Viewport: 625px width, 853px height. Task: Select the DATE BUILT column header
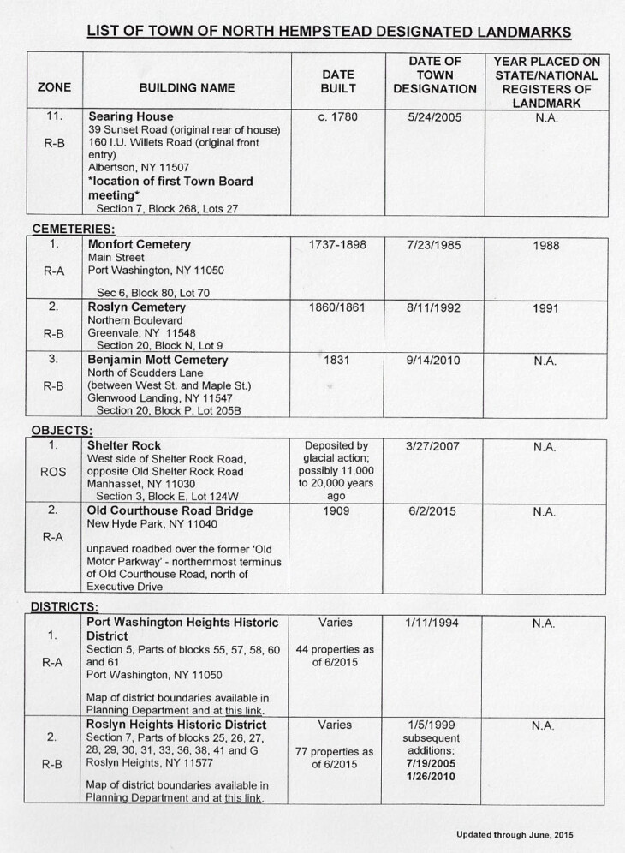coord(337,81)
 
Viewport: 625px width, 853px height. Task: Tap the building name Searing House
coord(130,116)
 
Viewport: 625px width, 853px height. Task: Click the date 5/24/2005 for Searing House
coord(437,116)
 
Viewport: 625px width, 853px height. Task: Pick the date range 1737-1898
coord(337,245)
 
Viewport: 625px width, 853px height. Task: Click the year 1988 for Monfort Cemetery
coord(545,245)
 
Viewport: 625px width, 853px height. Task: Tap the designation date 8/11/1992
coord(437,307)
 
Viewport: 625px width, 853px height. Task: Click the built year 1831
coord(337,361)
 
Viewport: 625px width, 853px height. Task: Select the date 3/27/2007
coord(437,446)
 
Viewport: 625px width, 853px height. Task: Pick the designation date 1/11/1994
coord(437,623)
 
